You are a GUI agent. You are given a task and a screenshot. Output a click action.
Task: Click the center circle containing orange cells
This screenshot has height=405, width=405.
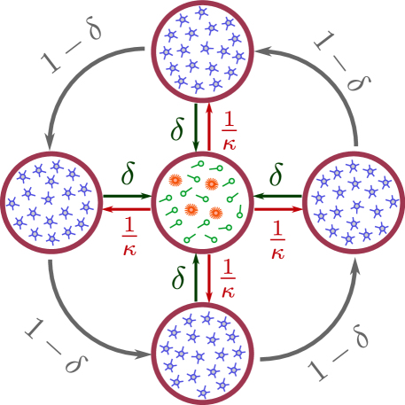(x=202, y=203)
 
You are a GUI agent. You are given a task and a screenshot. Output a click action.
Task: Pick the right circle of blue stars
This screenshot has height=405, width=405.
(x=354, y=203)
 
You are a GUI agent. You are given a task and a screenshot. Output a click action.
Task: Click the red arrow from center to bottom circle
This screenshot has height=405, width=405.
(x=209, y=278)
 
